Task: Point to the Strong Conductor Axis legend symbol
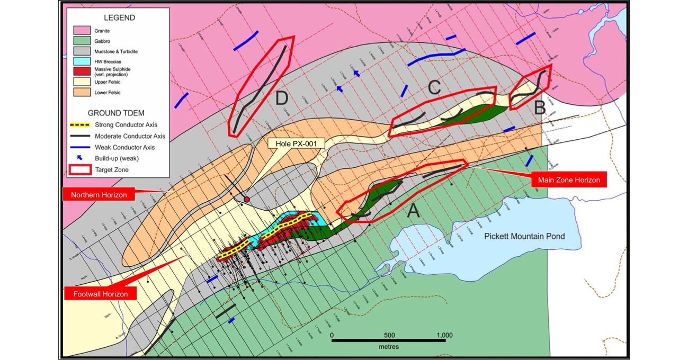click(81, 125)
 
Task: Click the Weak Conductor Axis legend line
click(81, 147)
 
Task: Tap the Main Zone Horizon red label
click(568, 180)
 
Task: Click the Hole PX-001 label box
click(293, 143)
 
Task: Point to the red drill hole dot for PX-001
click(247, 199)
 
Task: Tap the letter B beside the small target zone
click(539, 109)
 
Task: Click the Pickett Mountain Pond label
click(524, 236)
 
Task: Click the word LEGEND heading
click(120, 17)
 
